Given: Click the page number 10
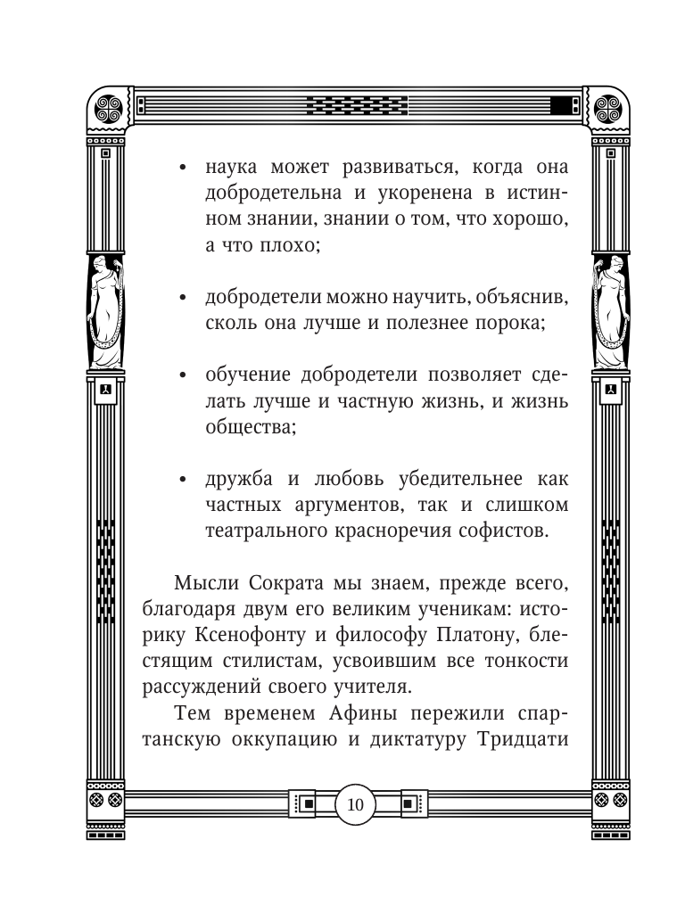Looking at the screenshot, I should point(354,805).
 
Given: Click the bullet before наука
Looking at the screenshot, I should point(182,167).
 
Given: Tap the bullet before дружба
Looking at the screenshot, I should point(182,480).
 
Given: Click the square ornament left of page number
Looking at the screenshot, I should point(309,804).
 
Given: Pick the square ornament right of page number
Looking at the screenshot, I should point(409,804).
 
